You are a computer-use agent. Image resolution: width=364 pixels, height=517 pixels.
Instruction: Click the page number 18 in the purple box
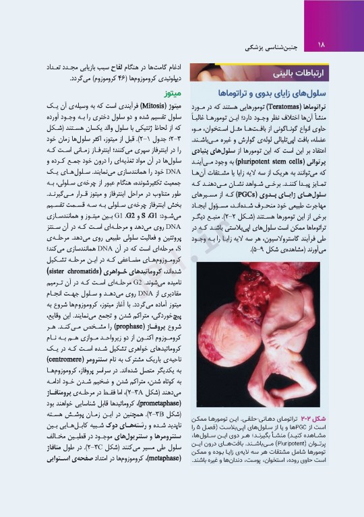click(x=320, y=44)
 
